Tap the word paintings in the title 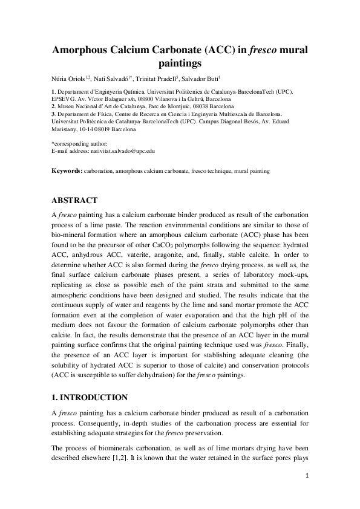coord(180,63)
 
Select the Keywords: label coord(67,172)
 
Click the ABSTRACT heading coord(76,200)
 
